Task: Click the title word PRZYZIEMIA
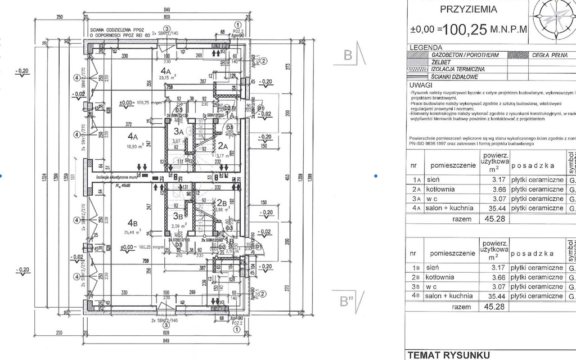point(468,9)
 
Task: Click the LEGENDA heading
point(426,48)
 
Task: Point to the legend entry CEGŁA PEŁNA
point(550,55)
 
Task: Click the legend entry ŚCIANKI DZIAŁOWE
point(454,77)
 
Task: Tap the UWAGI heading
point(422,84)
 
